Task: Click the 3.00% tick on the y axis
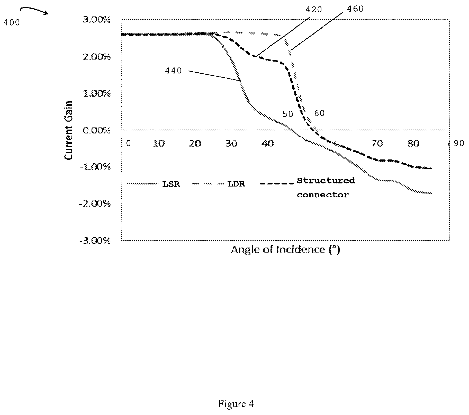pyautogui.click(x=97, y=20)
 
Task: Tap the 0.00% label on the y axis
pyautogui.click(x=97, y=130)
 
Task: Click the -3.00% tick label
pyautogui.click(x=95, y=241)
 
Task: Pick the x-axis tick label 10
pyautogui.click(x=159, y=143)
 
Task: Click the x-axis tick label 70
pyautogui.click(x=377, y=143)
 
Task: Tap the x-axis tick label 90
pyautogui.click(x=458, y=143)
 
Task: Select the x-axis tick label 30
pyautogui.click(x=231, y=143)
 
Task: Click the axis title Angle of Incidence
pyautogui.click(x=285, y=250)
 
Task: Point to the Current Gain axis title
pyautogui.click(x=69, y=130)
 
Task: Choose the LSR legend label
pyautogui.click(x=171, y=184)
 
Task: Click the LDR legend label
pyautogui.click(x=236, y=184)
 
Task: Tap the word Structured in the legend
pyautogui.click(x=326, y=180)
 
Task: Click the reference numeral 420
pyautogui.click(x=313, y=10)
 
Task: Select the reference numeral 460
pyautogui.click(x=355, y=9)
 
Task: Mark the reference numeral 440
pyautogui.click(x=174, y=71)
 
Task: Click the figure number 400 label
pyautogui.click(x=12, y=22)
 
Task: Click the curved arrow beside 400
pyautogui.click(x=34, y=10)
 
